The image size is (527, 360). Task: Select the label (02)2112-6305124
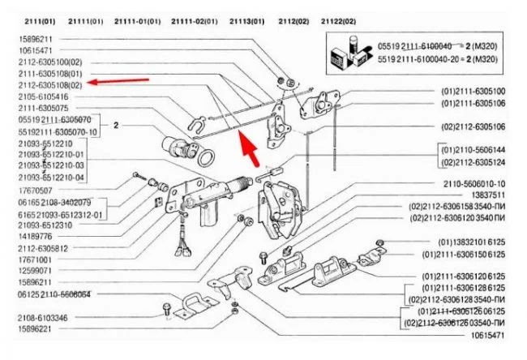473,161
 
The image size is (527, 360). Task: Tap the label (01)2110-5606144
473,150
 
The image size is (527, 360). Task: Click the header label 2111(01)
38,20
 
